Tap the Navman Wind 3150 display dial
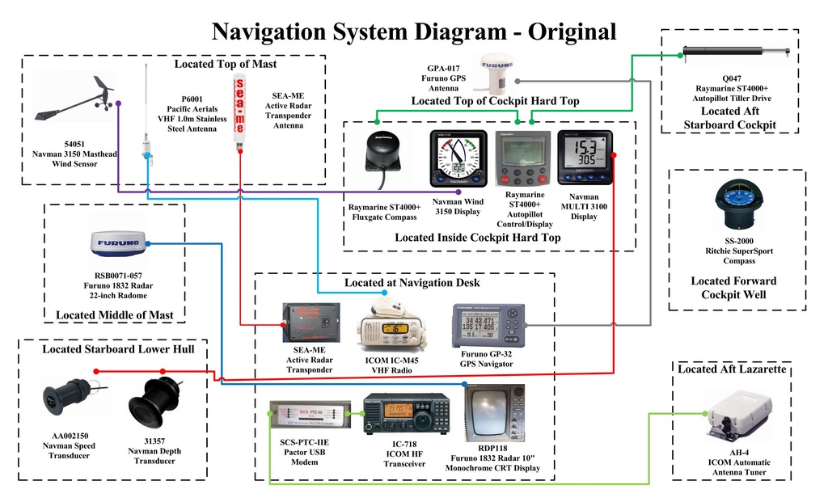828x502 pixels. pyautogui.click(x=457, y=154)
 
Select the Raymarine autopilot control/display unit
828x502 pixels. pyautogui.click(x=522, y=157)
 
